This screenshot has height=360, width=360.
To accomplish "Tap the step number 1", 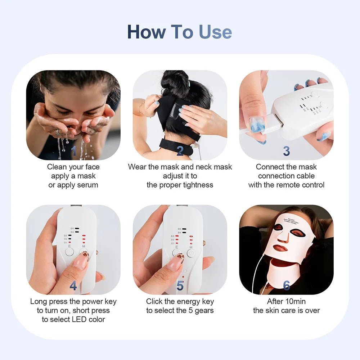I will click(73, 151).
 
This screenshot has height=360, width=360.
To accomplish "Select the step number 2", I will click(180, 151).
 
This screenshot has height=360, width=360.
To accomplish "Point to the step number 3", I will click(286, 151).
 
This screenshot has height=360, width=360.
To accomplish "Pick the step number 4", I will click(73, 286).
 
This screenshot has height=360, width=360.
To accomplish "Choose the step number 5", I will click(180, 286).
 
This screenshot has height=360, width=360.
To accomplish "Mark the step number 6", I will click(286, 286).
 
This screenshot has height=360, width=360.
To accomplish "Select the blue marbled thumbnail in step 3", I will click(257, 124).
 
